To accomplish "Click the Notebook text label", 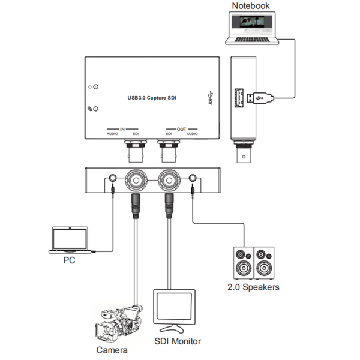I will point(251,6).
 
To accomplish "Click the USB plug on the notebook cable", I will point(262,97).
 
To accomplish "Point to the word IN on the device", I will point(122,128).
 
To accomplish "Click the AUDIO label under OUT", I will point(192,134).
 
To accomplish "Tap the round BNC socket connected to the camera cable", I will point(136,179).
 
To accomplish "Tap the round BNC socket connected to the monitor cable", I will point(169,179).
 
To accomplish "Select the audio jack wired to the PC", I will point(112,179).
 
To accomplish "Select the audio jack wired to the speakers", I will point(192,179).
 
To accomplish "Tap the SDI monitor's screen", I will point(175,308).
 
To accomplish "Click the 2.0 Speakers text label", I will point(253,287).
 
